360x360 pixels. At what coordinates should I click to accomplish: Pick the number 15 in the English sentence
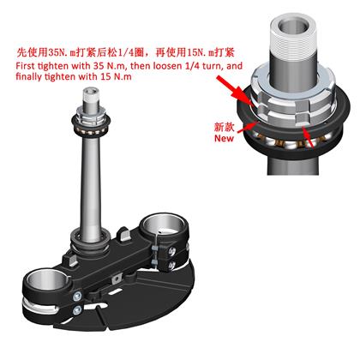click(105, 76)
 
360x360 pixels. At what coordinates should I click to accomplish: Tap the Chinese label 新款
click(224, 127)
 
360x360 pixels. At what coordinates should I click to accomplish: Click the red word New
click(224, 138)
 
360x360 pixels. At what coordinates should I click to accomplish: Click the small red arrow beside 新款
click(248, 127)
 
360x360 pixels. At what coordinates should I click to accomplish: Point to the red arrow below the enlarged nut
click(309, 138)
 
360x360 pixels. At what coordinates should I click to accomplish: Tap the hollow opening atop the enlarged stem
click(294, 26)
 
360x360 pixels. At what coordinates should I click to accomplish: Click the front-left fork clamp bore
click(46, 281)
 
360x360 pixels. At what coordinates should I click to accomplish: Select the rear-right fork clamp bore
click(165, 225)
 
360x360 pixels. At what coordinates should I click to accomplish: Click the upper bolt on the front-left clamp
click(77, 297)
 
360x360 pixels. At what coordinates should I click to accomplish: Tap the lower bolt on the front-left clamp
click(76, 310)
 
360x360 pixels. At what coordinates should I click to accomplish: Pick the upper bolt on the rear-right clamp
click(172, 251)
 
